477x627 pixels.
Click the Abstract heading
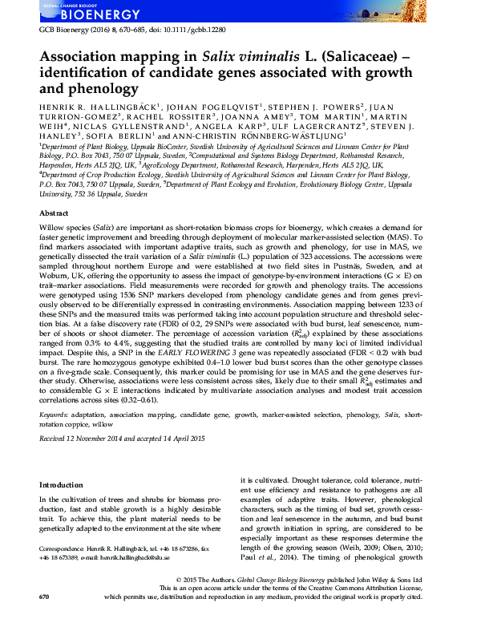54,215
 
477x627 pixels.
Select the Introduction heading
61,484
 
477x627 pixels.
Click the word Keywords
54,414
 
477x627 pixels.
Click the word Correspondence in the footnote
63,548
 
